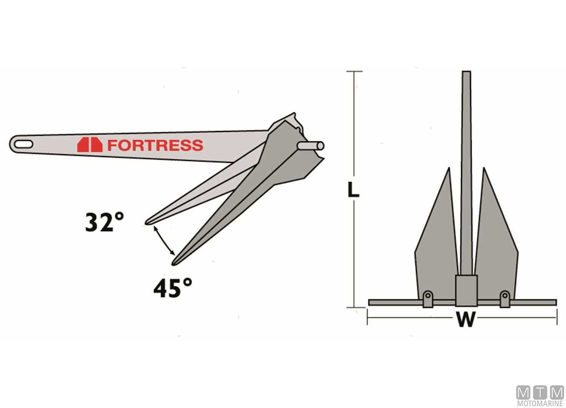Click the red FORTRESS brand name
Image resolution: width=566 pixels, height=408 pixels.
pyautogui.click(x=155, y=145)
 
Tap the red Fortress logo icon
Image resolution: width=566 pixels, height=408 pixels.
pyautogui.click(x=89, y=145)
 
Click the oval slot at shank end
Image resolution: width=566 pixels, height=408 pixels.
pyautogui.click(x=23, y=144)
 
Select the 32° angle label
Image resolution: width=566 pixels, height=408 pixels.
pyautogui.click(x=104, y=223)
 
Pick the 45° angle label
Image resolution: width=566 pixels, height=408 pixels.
pyautogui.click(x=172, y=288)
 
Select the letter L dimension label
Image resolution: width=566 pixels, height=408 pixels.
pyautogui.click(x=353, y=190)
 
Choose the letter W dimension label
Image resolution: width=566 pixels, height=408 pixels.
pyautogui.click(x=466, y=320)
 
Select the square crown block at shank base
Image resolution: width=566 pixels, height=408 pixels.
pyautogui.click(x=466, y=290)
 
